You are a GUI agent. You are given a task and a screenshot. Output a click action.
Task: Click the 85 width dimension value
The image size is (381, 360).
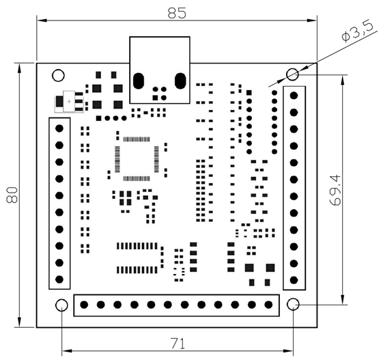click(x=177, y=13)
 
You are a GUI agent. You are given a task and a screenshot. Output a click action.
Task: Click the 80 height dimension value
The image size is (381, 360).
click(x=12, y=195)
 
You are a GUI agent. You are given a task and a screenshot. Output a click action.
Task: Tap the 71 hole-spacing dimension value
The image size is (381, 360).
click(x=178, y=344)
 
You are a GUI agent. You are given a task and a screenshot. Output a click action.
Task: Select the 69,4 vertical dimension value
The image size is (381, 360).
click(x=335, y=191)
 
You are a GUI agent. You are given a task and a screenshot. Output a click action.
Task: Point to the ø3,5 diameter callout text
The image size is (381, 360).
click(x=357, y=31)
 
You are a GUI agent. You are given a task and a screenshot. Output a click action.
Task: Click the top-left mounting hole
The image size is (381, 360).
click(x=58, y=75)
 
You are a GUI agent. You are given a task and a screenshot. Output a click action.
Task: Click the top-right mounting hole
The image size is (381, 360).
click(x=292, y=74)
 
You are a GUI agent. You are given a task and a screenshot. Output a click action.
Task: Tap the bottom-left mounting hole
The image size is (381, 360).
click(x=61, y=305)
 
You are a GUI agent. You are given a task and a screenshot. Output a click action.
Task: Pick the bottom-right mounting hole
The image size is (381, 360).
click(x=293, y=304)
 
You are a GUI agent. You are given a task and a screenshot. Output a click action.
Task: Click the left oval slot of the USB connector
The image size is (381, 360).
click(x=139, y=81)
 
